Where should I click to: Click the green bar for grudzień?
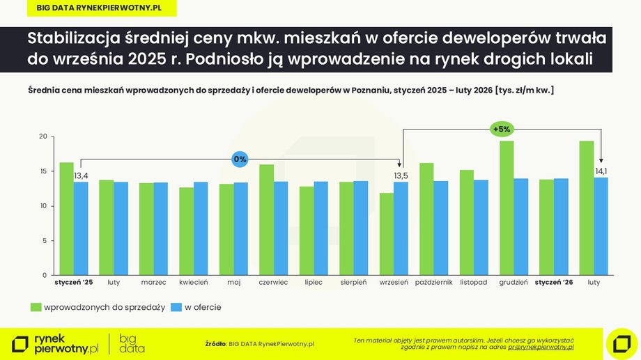point(507,208)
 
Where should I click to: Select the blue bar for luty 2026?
point(601,226)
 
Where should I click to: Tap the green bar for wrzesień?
point(387,234)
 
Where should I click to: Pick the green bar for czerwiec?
point(266,219)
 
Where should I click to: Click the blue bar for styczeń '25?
point(81,228)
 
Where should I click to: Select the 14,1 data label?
point(601,171)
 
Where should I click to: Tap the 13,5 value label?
point(401,175)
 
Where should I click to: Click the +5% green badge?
point(502,129)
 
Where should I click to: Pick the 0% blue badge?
point(240,159)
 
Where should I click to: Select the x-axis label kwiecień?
point(193,283)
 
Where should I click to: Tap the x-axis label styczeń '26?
point(554,283)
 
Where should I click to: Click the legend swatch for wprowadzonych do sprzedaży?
point(36,307)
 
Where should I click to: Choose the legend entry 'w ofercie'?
point(203,307)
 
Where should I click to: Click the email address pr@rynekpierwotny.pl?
point(541,346)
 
